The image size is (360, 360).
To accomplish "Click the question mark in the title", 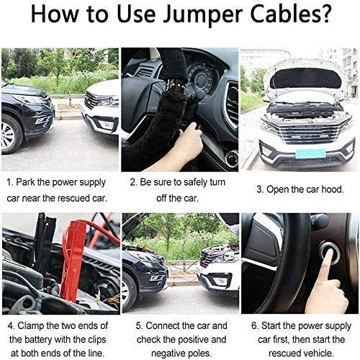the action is coord(323,14).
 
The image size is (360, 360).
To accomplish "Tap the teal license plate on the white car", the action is coord(310,153).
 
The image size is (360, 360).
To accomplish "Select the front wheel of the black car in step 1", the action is coord(10,135).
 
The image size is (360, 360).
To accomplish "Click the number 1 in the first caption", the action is coord(9,182).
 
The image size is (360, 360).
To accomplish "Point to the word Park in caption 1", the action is coord(25,182).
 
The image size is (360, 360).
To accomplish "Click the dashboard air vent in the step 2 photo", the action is coord(232,103).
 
